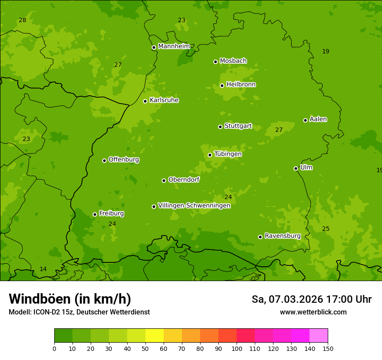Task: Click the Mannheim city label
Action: [174, 46]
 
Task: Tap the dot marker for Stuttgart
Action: [220, 127]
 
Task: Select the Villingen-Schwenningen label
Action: [194, 206]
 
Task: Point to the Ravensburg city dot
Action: [260, 237]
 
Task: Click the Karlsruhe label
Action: [164, 100]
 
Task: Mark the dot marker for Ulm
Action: [296, 168]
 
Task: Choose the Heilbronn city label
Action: [241, 85]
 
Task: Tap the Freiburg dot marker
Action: [95, 214]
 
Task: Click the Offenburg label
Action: [124, 160]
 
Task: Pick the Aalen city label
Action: [318, 119]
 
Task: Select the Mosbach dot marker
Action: [215, 62]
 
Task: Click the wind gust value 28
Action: [23, 20]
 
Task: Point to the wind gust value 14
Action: [43, 269]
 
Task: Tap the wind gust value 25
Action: [326, 229]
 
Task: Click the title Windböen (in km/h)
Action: [70, 299]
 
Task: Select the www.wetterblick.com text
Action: [313, 312]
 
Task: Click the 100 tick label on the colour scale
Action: [237, 348]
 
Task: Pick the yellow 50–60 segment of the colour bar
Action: [155, 335]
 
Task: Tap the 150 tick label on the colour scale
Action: [328, 348]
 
